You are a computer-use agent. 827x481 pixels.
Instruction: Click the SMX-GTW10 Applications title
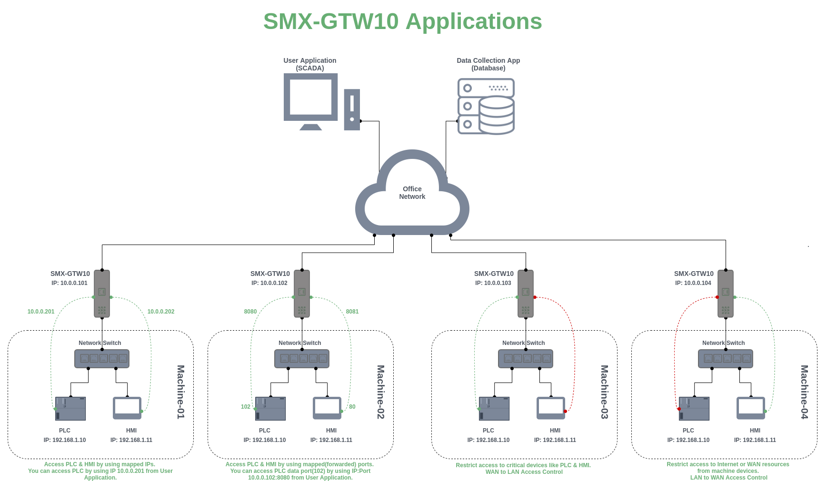coord(402,22)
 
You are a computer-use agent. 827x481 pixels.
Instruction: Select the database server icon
coord(486,107)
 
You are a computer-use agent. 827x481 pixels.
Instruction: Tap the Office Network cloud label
coord(412,193)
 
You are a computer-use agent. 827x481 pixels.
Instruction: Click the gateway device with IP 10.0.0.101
coord(102,294)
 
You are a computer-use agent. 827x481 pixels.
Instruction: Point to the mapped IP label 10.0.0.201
coord(41,312)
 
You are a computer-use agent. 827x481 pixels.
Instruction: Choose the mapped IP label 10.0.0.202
coord(161,312)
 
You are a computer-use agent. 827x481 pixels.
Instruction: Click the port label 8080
coord(250,312)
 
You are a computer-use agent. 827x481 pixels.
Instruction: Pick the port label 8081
coord(352,312)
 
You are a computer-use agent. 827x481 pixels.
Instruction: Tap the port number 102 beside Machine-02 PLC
coord(245,407)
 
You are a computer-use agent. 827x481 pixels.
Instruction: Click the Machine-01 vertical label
coord(181,392)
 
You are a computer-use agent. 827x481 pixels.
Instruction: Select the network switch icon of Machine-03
coord(526,359)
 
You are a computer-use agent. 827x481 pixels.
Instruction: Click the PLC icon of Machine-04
coord(694,409)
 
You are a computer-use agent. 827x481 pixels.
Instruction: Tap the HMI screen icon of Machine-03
coord(551,408)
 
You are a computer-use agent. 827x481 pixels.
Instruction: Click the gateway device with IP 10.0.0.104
coord(726,294)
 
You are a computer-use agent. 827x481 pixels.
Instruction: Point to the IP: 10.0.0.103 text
coord(493,283)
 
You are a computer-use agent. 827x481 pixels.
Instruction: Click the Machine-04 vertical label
coord(804,392)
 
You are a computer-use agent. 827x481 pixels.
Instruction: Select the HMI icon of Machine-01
coord(127,408)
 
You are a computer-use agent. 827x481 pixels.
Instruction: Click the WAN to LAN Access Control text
coord(524,472)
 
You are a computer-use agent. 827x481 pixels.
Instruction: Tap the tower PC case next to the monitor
coord(352,109)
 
